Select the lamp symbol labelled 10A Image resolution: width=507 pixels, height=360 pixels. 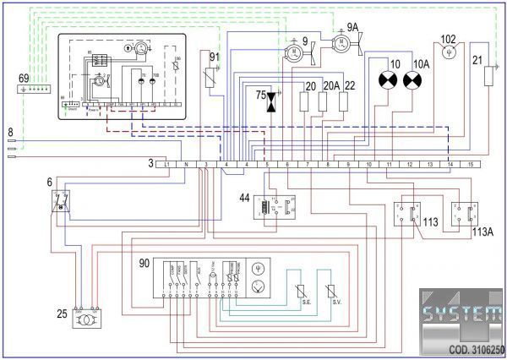pyautogui.click(x=412, y=80)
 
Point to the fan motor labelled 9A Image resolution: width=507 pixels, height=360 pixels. pyautogui.click(x=341, y=43)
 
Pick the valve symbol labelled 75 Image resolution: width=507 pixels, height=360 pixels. pyautogui.click(x=271, y=101)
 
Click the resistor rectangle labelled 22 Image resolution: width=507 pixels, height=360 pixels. pyautogui.click(x=344, y=101)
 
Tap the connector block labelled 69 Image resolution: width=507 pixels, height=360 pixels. pyautogui.click(x=36, y=87)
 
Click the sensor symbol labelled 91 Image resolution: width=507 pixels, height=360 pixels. pyautogui.click(x=215, y=77)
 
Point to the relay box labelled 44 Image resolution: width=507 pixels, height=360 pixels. pyautogui.click(x=279, y=208)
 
